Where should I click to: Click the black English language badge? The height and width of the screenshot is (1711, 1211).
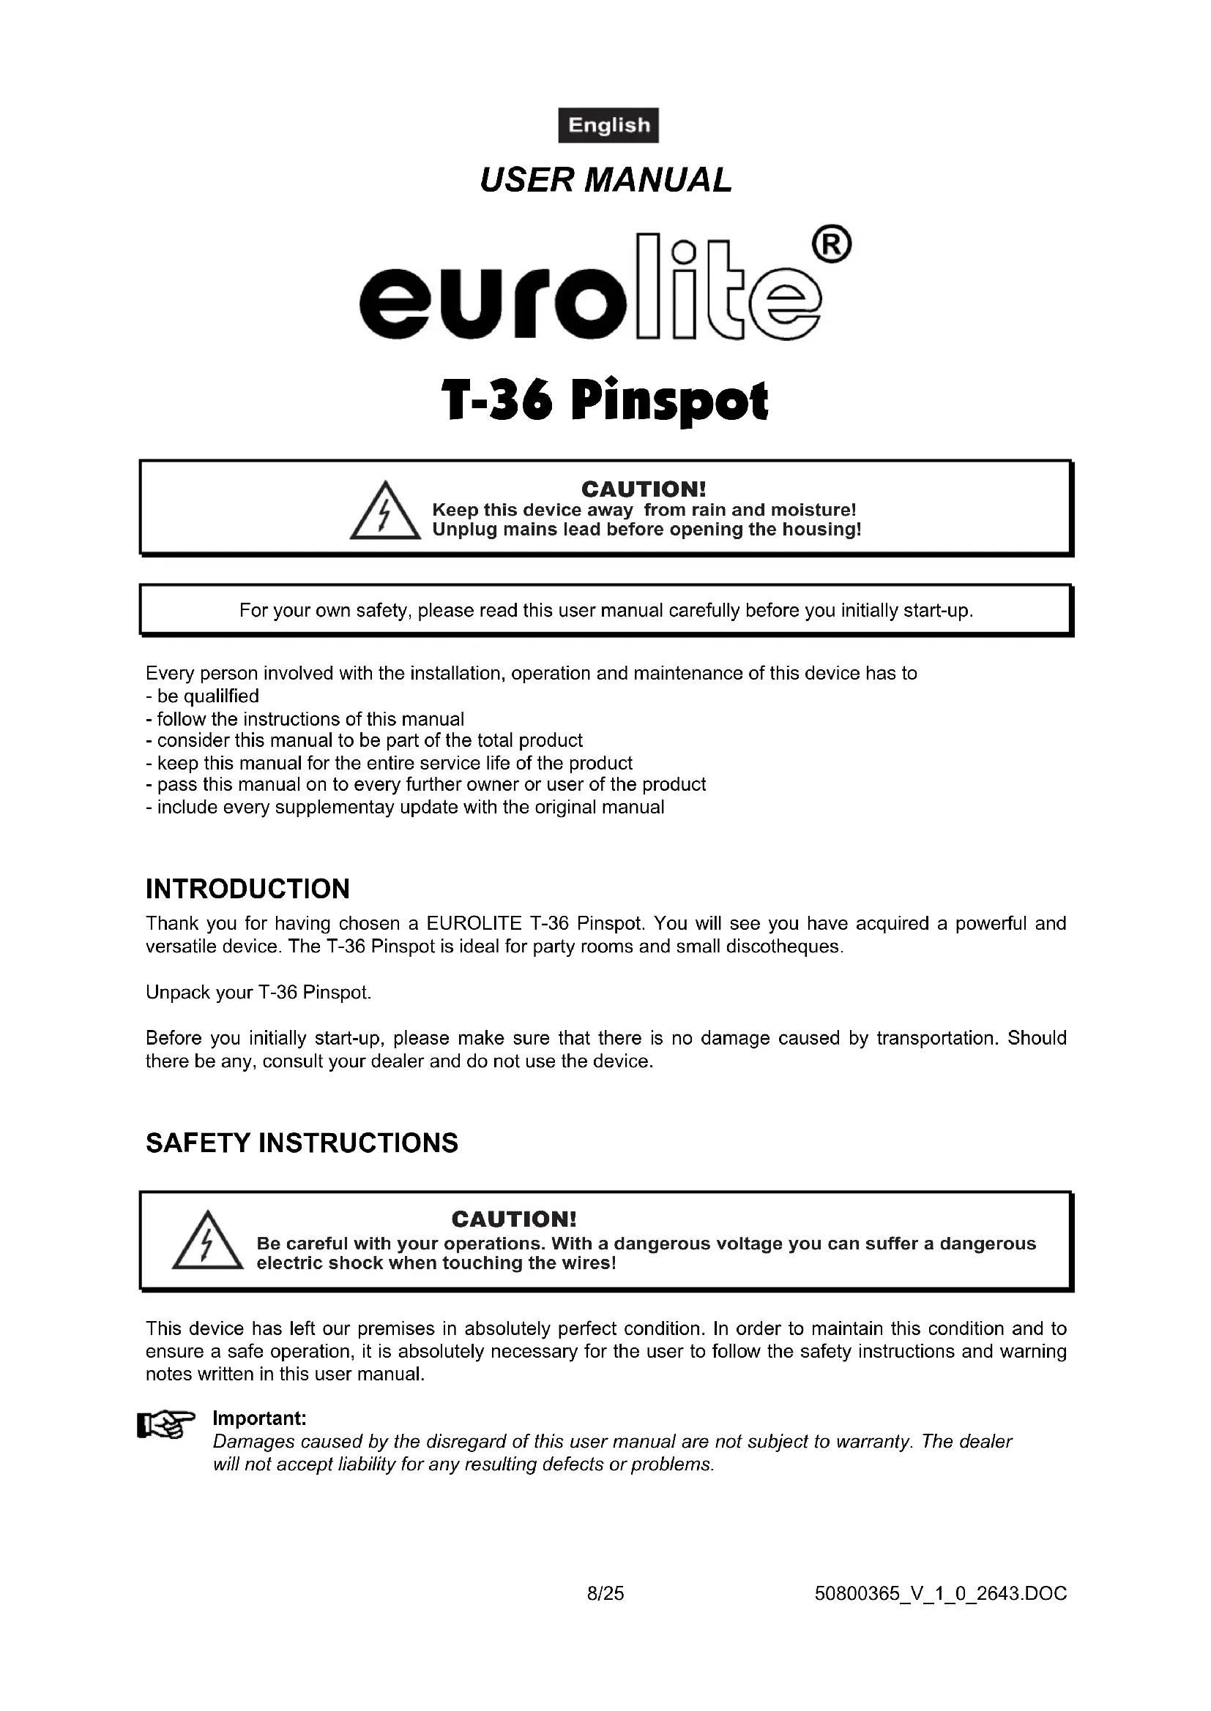pos(608,125)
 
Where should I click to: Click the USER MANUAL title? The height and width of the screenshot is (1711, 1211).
pos(605,181)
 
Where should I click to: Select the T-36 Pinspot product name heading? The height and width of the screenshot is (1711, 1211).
pos(605,402)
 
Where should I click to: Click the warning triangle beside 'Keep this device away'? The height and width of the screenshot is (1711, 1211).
pos(385,512)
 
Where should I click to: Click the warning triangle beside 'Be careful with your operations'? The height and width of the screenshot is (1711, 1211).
pos(207,1241)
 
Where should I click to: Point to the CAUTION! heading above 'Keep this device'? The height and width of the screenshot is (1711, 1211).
pos(643,489)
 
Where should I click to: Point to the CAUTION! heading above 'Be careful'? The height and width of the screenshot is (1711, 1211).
pos(514,1219)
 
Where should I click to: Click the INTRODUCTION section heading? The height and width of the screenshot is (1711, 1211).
pos(247,889)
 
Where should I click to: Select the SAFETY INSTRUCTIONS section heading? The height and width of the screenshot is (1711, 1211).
pos(302,1143)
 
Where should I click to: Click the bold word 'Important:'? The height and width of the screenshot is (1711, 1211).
pos(259,1418)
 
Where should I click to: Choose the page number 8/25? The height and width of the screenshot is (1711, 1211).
pos(605,1594)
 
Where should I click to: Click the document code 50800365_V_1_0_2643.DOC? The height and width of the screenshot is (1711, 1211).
pos(941,1594)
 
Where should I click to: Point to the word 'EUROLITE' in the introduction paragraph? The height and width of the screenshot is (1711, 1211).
pos(474,923)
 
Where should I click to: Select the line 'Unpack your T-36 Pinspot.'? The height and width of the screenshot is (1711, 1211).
pos(258,993)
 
